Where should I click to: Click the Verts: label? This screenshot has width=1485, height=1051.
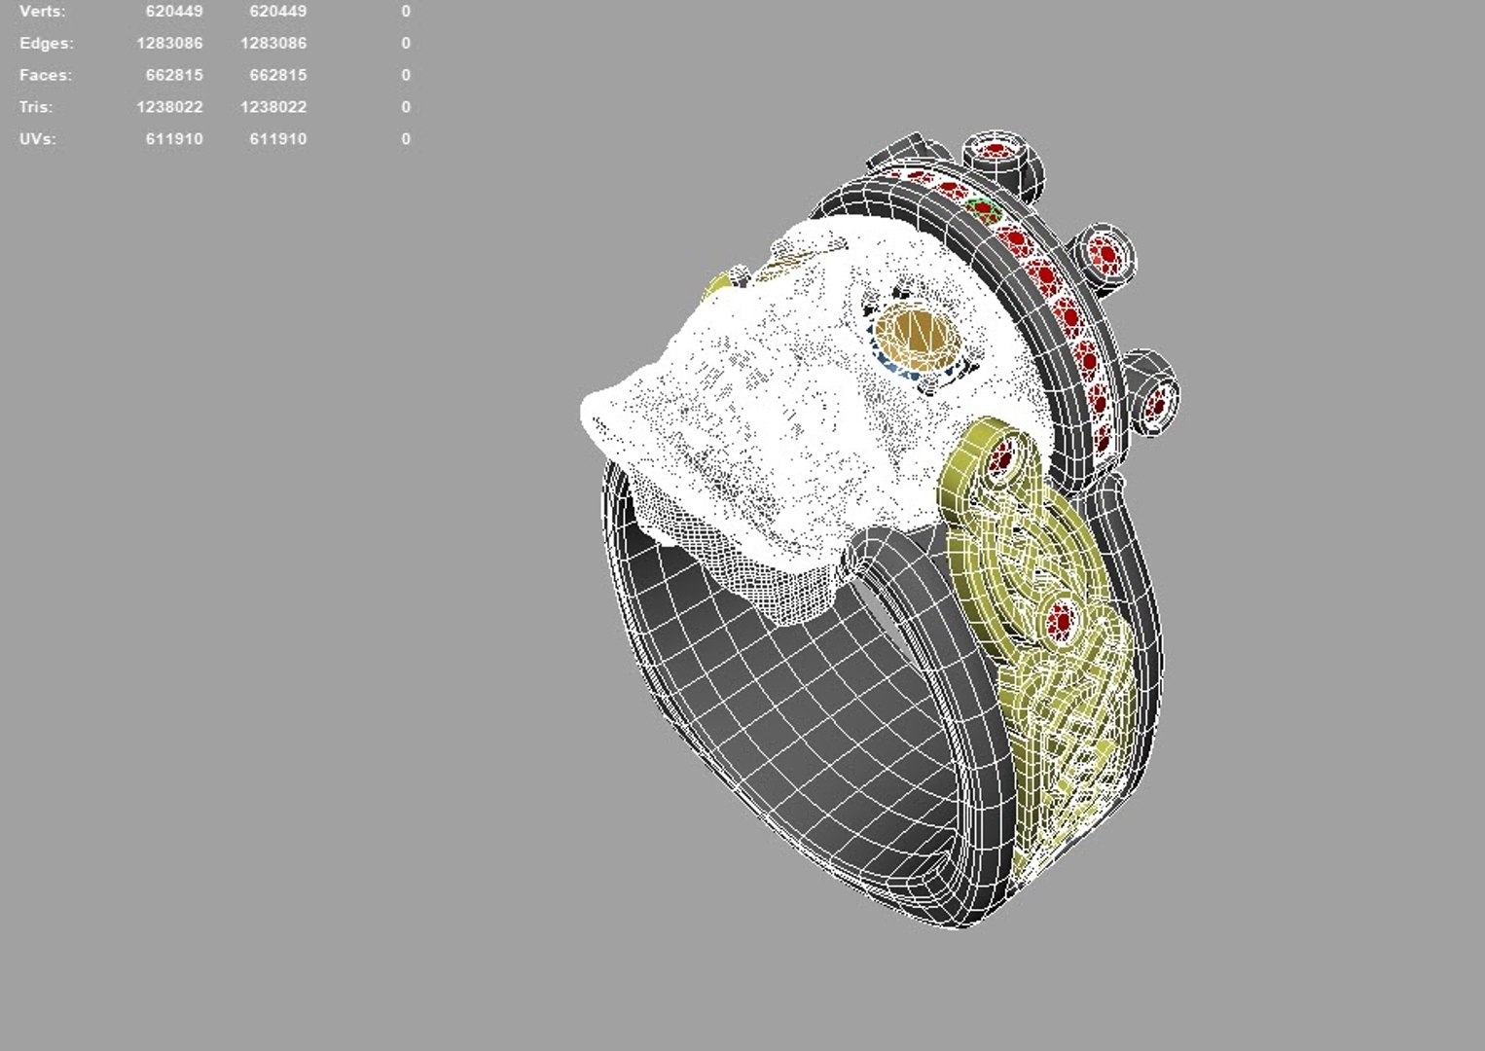(x=42, y=12)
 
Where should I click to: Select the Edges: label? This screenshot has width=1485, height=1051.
(x=46, y=44)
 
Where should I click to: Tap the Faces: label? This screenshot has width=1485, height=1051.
(x=45, y=75)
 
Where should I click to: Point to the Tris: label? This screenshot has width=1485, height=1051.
(x=36, y=107)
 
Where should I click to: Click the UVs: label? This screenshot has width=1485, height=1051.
(x=37, y=139)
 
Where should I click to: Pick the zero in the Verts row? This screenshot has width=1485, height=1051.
(x=406, y=12)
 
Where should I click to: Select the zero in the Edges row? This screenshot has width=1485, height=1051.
(x=406, y=44)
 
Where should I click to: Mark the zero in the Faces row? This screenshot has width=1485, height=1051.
(x=406, y=75)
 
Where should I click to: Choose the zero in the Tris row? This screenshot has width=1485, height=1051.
(x=406, y=107)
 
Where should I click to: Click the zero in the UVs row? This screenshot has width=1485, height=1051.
(x=406, y=139)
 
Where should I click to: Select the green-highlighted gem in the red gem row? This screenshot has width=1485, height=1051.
(x=982, y=209)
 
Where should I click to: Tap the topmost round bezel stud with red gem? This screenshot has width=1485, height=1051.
(x=996, y=153)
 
